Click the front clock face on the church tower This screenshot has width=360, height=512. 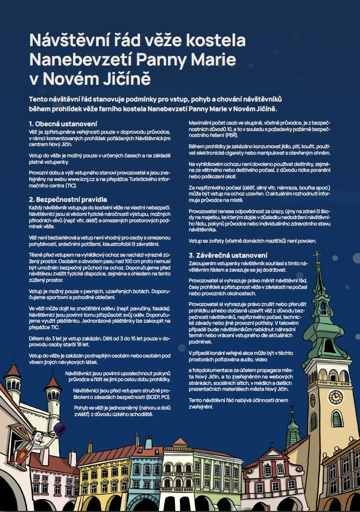coord(336,398)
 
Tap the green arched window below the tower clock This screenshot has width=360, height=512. coord(336,419)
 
